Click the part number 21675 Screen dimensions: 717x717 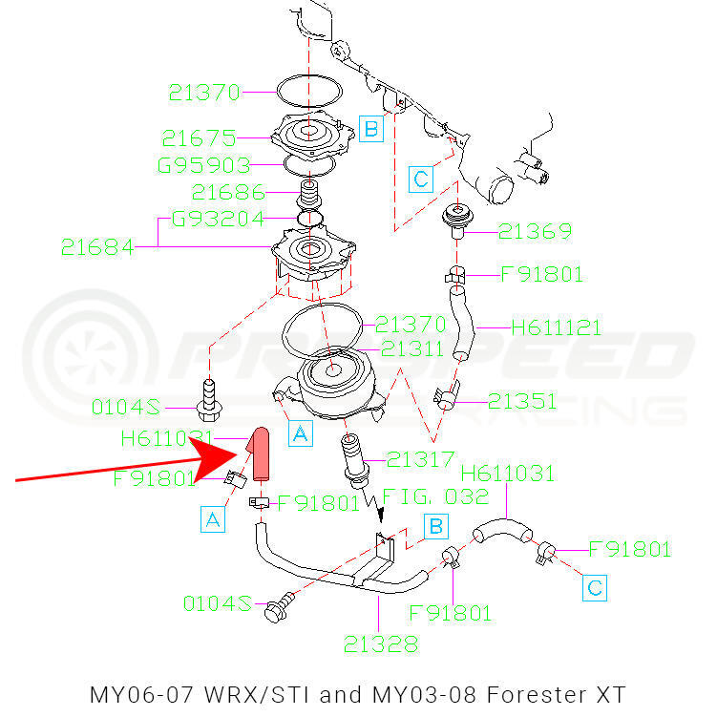[x=198, y=137]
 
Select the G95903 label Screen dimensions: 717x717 [x=204, y=165]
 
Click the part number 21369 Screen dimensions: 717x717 [x=535, y=232]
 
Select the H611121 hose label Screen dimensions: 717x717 [x=556, y=328]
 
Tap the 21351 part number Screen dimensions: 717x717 [x=523, y=401]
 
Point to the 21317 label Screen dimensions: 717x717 [x=420, y=460]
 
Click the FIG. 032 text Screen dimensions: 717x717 [x=435, y=496]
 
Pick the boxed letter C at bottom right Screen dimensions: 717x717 [x=594, y=586]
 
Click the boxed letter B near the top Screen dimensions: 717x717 [x=371, y=128]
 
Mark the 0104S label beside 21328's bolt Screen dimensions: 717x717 [x=218, y=603]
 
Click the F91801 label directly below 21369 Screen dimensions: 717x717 [x=541, y=275]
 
